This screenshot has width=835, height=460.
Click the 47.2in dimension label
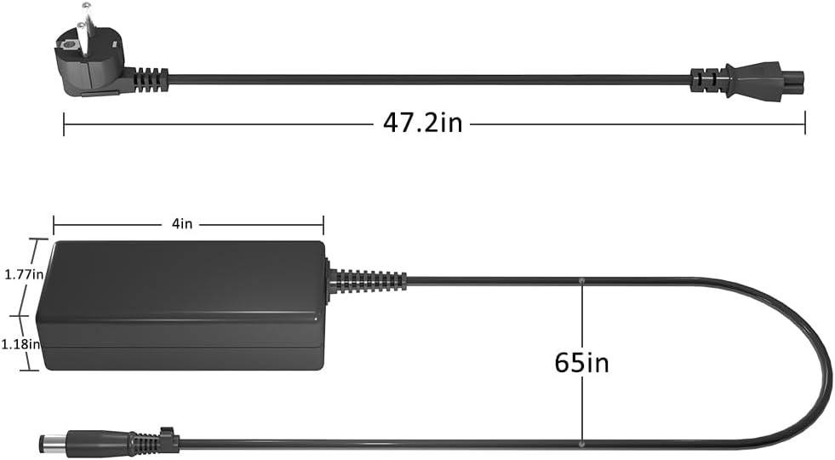click(423, 124)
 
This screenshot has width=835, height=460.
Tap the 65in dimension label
click(581, 363)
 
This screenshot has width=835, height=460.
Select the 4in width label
click(182, 224)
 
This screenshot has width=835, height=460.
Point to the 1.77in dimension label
click(24, 274)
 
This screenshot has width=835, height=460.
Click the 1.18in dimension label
click(20, 344)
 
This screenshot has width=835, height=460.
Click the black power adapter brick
click(181, 305)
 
